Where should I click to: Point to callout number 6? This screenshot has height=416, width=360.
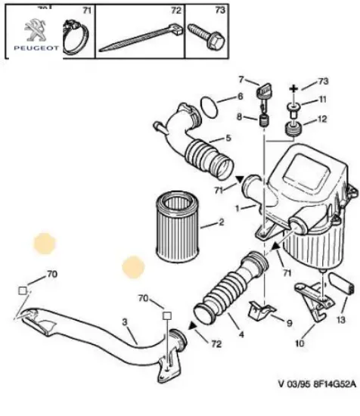pos(241,97)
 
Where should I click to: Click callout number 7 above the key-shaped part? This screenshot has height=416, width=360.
pos(243,79)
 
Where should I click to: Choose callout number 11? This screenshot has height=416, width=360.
pos(321,100)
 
